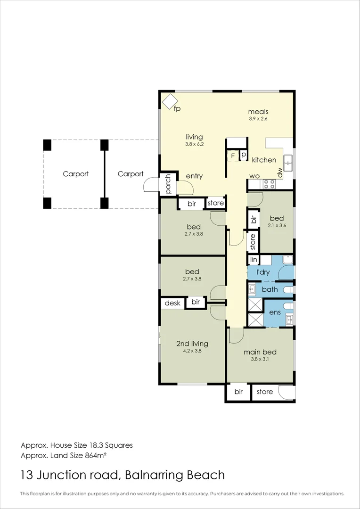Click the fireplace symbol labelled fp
click(x=170, y=102)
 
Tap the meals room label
click(x=258, y=112)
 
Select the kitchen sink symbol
click(x=288, y=163)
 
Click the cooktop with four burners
click(x=269, y=184)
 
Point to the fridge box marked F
click(x=233, y=156)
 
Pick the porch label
click(x=168, y=184)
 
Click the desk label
click(x=172, y=304)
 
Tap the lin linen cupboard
click(x=254, y=260)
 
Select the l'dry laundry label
click(x=263, y=272)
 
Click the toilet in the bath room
click(x=288, y=289)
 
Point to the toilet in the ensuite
click(x=288, y=306)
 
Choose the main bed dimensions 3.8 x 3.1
click(x=260, y=359)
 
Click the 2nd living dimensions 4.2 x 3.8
click(x=192, y=351)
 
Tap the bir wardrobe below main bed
click(x=238, y=392)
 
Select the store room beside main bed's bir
click(x=264, y=392)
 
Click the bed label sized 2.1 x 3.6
click(x=277, y=218)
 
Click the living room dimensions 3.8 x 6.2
click(x=194, y=143)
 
